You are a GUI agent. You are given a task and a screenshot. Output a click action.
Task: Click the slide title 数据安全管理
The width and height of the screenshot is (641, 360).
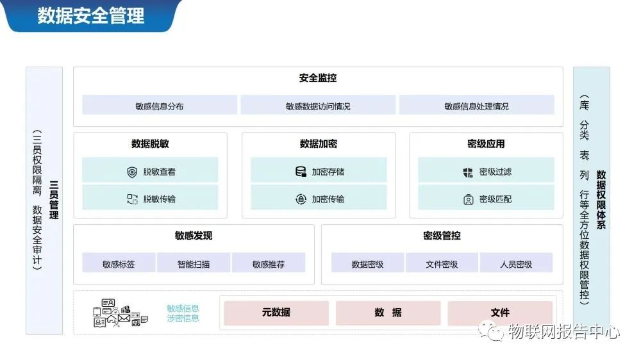(90, 15)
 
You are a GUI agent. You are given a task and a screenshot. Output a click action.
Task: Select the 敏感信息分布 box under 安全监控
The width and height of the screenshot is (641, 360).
(160, 106)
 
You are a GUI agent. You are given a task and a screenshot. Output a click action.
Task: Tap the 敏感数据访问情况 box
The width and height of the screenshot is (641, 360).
(318, 106)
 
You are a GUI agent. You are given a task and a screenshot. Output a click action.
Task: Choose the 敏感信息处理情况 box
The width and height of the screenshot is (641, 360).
(476, 106)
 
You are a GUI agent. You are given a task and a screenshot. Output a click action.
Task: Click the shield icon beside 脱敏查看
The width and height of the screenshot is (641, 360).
(132, 172)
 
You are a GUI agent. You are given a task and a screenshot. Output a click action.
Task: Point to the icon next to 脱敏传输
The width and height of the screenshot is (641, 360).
(132, 199)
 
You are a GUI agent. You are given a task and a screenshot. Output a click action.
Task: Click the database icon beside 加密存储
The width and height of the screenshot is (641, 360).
(300, 172)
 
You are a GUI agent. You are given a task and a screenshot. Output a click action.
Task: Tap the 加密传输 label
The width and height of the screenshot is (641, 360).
(328, 199)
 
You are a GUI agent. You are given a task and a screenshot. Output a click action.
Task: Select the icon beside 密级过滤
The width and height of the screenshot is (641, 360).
(468, 172)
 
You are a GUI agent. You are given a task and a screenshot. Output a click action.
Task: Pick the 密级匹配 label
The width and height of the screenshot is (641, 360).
(495, 199)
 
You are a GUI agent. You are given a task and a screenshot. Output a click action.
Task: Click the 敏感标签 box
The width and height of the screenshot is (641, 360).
(119, 263)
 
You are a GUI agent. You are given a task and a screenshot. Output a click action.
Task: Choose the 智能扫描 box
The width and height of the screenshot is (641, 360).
(194, 263)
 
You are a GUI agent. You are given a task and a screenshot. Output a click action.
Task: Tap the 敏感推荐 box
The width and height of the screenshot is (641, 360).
(269, 263)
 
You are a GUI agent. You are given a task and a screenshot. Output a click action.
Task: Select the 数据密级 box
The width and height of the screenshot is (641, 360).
(367, 263)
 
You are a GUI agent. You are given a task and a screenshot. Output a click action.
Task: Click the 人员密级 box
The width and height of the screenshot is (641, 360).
(516, 263)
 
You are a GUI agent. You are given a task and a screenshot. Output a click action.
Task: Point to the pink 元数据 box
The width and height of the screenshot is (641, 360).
(276, 313)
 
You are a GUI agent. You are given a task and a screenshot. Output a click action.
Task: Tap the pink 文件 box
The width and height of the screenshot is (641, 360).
(500, 313)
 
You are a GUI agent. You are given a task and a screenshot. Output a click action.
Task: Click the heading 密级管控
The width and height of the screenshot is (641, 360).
(442, 236)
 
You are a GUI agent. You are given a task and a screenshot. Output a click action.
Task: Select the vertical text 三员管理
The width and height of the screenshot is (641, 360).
(54, 199)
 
